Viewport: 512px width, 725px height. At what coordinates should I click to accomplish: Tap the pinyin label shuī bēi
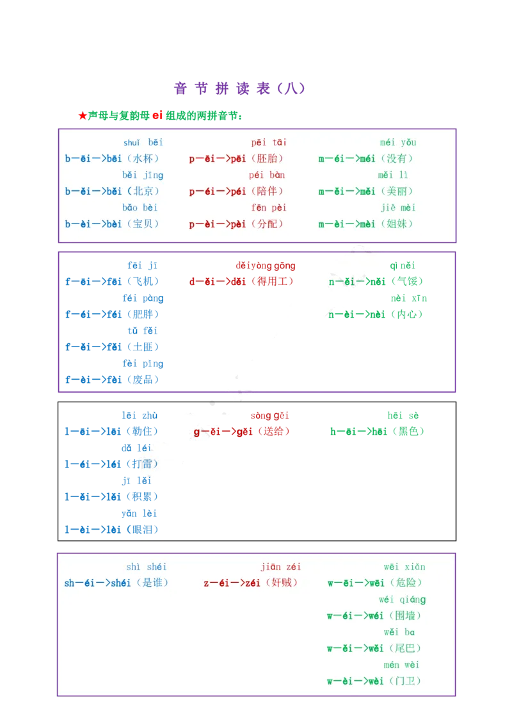[x=143, y=142]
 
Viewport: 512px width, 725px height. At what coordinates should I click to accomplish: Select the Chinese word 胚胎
[x=268, y=159]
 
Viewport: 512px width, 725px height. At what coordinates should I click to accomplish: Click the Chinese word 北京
[x=143, y=191]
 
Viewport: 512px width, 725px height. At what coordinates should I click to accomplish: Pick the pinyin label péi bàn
[x=268, y=175]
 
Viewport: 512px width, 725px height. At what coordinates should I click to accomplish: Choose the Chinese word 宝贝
[x=143, y=224]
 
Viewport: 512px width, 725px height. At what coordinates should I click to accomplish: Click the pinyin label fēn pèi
[x=268, y=208]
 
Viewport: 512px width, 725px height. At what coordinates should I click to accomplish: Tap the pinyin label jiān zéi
[x=280, y=567]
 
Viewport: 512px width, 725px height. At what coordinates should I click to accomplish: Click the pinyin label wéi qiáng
[x=402, y=599]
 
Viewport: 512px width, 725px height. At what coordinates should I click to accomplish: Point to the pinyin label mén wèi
[x=402, y=665]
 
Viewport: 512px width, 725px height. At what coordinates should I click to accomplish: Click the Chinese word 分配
[x=268, y=224]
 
